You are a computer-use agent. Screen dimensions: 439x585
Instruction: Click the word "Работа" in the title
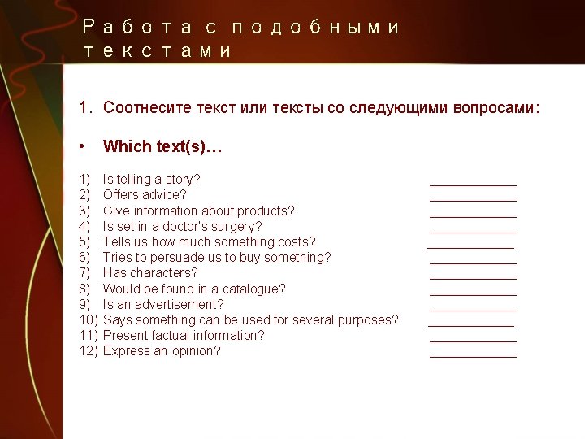click(137, 27)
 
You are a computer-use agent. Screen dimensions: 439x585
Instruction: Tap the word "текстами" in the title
click(158, 50)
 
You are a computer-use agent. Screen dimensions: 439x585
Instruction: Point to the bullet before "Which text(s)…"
click(83, 147)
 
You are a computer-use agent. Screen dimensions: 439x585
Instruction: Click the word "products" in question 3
click(268, 211)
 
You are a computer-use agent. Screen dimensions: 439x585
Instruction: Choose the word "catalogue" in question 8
click(255, 289)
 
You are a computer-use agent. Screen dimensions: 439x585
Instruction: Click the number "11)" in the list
click(89, 336)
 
